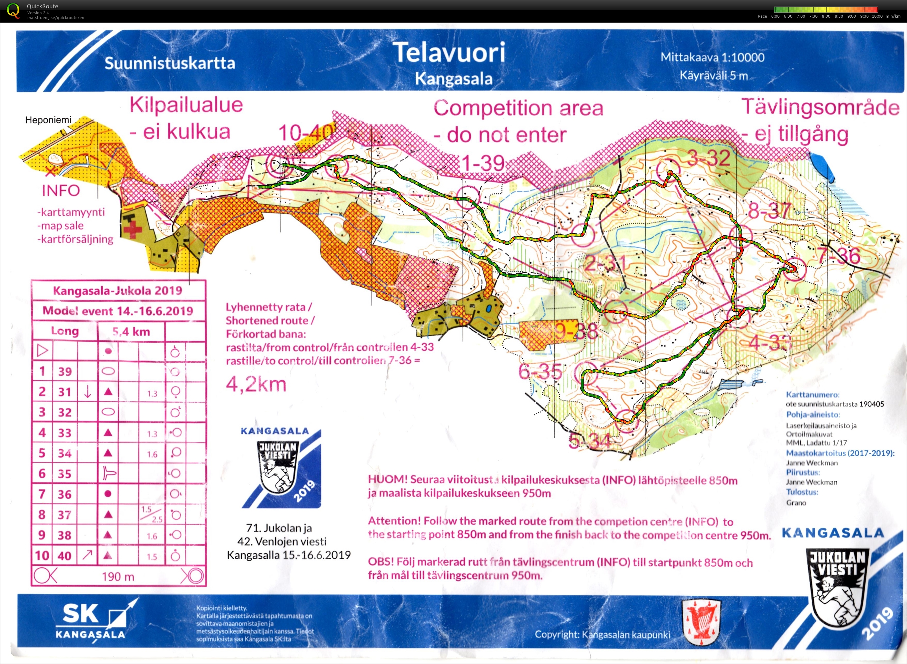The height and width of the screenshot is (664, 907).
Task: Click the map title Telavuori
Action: tap(449, 53)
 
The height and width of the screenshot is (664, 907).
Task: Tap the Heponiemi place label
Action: tap(48, 120)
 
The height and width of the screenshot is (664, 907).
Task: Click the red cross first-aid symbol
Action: tap(133, 230)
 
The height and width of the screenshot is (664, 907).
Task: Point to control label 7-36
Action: tap(839, 256)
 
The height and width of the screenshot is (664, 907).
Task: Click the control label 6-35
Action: tap(540, 372)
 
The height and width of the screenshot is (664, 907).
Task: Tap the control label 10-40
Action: tap(306, 133)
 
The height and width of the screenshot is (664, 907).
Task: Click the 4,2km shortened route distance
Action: tap(256, 385)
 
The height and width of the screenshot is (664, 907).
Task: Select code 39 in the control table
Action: tap(65, 371)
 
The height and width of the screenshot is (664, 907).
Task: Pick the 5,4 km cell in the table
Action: tap(131, 332)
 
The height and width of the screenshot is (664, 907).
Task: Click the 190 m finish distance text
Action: tap(118, 577)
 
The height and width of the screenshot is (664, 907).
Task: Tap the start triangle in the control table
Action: tap(42, 351)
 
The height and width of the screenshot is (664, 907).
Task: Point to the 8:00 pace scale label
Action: tap(826, 17)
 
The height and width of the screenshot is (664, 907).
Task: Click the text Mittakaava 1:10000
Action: tap(712, 58)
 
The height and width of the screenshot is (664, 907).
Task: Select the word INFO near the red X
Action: tap(61, 191)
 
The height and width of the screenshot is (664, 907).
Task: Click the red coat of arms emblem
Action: tap(702, 622)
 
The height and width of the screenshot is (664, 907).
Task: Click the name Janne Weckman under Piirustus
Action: tap(811, 482)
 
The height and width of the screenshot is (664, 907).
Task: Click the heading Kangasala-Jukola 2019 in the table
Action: tap(117, 290)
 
